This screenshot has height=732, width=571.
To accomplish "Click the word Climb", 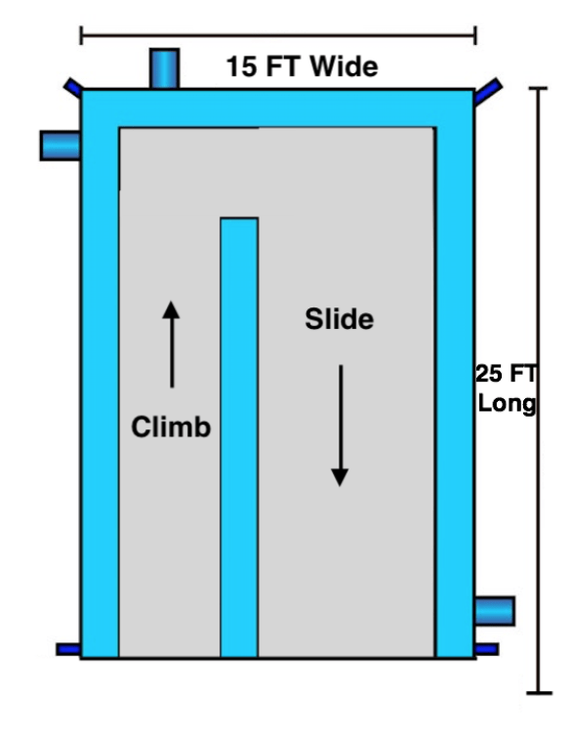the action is (171, 427).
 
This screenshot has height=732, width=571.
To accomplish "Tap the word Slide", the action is (340, 319).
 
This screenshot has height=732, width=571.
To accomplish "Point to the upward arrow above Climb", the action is (172, 345).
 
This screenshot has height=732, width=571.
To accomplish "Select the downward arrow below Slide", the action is (340, 426).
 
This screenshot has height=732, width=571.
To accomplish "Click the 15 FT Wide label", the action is (302, 65).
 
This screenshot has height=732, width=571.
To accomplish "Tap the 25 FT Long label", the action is (507, 388).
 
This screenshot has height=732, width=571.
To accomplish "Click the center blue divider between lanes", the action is (239, 437).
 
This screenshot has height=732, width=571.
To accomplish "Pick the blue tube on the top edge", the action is (164, 68).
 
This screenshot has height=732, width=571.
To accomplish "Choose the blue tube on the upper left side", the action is (61, 145).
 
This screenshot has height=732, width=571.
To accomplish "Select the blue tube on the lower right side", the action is (495, 611).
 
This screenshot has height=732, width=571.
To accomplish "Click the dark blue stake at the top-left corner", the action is (73, 87).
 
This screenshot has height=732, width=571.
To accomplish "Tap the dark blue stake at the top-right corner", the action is (488, 92).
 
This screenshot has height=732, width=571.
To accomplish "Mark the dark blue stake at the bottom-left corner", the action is (68, 649).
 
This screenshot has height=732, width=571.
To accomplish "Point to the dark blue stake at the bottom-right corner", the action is (486, 649).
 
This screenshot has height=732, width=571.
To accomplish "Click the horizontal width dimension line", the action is (279, 35).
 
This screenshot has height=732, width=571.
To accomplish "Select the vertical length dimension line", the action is (539, 390).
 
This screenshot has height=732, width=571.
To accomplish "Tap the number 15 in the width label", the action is (241, 66).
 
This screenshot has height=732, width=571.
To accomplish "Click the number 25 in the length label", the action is (489, 374).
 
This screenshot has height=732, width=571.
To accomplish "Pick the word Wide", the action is (344, 65).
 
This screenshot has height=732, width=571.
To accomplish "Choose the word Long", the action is (507, 403).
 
